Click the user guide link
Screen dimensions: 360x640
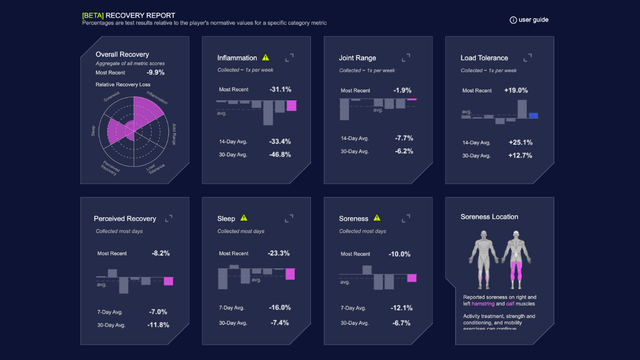529,20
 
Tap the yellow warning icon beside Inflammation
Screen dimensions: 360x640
266,58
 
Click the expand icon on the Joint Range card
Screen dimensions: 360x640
406,58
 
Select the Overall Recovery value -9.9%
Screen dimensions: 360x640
156,73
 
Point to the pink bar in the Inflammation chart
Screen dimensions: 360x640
291,106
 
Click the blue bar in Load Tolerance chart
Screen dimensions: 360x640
533,115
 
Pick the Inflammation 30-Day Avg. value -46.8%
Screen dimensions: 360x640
280,155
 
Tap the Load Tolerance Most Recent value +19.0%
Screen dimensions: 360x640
516,91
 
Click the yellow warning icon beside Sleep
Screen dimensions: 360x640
244,218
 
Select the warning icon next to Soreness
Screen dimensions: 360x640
377,218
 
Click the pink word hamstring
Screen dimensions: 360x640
483,304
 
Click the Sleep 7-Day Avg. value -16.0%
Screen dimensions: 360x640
280,308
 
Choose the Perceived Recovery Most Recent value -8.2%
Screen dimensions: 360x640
160,253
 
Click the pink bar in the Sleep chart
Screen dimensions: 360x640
290,274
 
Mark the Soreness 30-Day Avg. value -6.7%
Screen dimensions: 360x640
402,323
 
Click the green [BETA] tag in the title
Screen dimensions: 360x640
93,15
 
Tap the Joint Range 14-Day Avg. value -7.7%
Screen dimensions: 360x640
404,138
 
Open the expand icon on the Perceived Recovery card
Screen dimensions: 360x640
169,218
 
